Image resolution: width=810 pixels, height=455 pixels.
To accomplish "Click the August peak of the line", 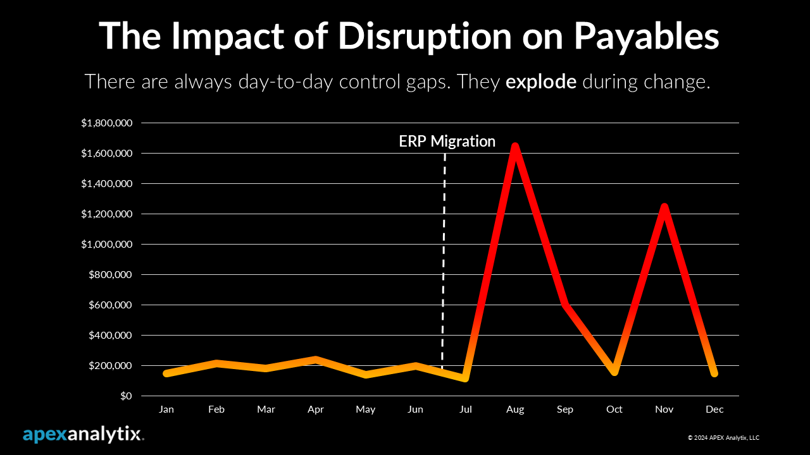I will [515, 147].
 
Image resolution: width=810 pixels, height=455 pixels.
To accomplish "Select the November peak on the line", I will [664, 207].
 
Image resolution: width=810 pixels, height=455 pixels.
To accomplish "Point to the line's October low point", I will [614, 371].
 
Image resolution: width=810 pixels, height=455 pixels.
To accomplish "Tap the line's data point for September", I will [565, 305].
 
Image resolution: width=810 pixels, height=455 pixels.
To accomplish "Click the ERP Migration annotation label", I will [447, 142].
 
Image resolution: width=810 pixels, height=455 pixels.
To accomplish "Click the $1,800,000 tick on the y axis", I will [106, 123].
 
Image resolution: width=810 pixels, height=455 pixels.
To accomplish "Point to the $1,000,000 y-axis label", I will [106, 245].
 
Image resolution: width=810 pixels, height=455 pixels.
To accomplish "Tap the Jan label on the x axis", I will [166, 409].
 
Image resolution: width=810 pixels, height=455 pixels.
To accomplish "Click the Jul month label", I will [465, 409].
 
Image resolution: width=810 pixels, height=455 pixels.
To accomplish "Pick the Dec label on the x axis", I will [714, 409].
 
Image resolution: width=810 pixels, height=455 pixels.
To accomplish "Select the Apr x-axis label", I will [316, 409].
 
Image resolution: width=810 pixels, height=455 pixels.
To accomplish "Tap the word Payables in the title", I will [646, 36].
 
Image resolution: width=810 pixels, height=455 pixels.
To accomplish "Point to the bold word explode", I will [540, 82].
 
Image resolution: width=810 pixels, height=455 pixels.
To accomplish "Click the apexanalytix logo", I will [83, 435].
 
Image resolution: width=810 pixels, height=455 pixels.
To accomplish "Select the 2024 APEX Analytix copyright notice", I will [723, 437].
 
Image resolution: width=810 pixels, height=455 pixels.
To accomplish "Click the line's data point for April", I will [316, 360].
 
